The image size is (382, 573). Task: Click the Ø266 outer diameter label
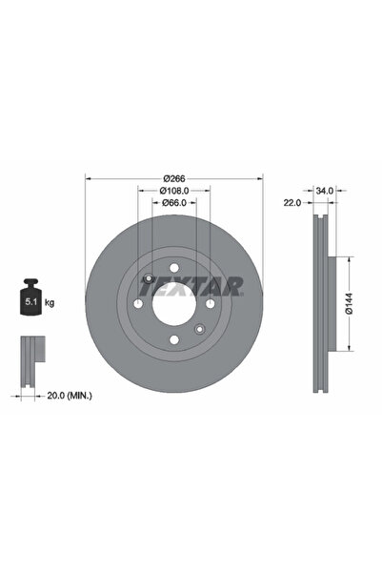[172, 177]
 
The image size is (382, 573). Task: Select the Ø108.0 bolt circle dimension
[172, 190]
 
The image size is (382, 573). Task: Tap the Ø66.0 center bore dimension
[172, 202]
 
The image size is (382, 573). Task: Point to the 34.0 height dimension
[324, 191]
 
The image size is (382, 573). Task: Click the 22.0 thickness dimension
[292, 203]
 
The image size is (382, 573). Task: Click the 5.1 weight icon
[30, 300]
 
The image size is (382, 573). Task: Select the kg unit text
[49, 302]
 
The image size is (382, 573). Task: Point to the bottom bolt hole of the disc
[173, 339]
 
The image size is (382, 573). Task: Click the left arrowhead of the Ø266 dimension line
[89, 177]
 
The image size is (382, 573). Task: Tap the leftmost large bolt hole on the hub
[138, 303]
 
